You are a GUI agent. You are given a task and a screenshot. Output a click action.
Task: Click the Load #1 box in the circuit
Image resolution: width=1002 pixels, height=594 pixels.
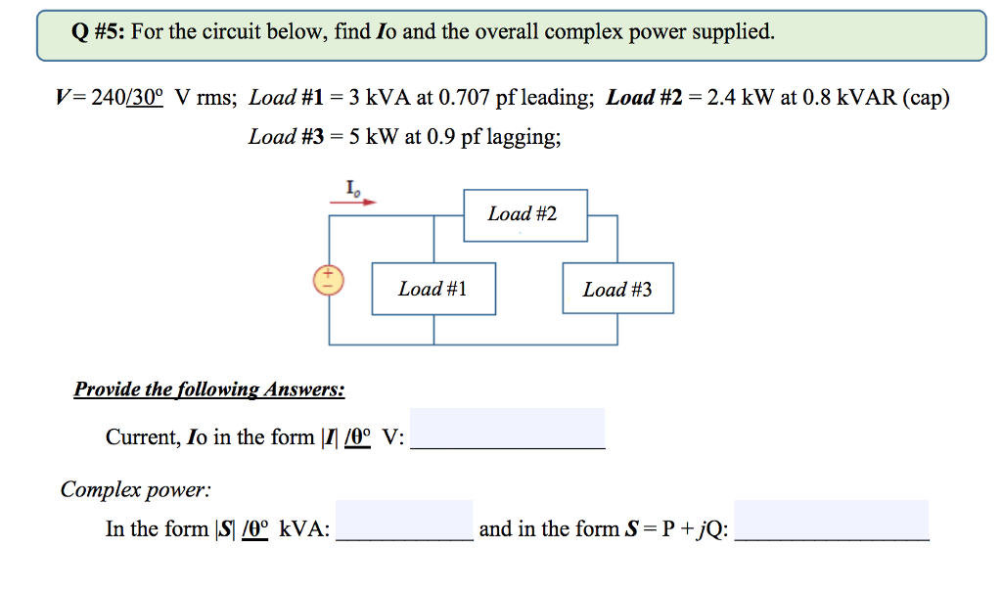tap(433, 289)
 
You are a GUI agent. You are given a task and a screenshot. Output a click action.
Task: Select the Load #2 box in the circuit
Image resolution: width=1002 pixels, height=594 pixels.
tap(524, 214)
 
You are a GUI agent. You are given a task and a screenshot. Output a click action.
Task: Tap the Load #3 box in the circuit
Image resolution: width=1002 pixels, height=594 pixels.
tap(617, 289)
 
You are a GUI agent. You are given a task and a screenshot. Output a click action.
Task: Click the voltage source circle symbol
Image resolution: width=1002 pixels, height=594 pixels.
tap(329, 280)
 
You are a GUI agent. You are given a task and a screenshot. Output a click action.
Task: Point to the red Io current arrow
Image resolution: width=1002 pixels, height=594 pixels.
tap(353, 203)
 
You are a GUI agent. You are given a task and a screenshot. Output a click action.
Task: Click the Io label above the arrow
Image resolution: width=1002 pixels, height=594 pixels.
tap(351, 187)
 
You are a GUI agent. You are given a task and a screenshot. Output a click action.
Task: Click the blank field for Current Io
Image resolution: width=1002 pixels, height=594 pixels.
tap(507, 429)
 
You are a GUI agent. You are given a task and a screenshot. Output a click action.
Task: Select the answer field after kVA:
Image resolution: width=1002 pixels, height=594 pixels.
tap(404, 521)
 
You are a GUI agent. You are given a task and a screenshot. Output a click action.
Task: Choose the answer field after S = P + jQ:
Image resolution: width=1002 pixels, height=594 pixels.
tap(831, 521)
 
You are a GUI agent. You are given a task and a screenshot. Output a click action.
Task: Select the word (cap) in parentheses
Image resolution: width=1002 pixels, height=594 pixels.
tap(925, 98)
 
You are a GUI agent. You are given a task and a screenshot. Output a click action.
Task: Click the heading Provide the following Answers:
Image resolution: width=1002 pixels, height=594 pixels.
tap(209, 389)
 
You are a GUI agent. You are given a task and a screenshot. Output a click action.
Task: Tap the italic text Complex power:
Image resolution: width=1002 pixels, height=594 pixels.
tap(135, 488)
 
